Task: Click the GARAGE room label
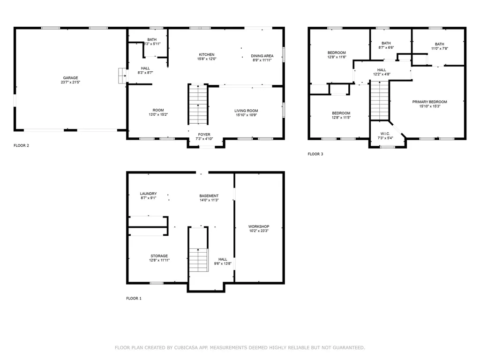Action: [71, 78]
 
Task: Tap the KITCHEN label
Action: [207, 55]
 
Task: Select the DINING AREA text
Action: [262, 56]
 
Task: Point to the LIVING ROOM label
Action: [246, 111]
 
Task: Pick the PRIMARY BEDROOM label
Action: [429, 102]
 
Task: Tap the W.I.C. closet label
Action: [384, 134]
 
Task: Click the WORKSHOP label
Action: [259, 226]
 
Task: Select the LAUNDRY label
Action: [148, 194]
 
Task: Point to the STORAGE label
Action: [159, 256]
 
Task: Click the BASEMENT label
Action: [209, 196]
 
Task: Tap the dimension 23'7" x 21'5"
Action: [71, 83]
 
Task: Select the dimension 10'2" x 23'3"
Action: [259, 231]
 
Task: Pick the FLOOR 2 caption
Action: [22, 145]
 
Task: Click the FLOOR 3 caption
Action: [315, 154]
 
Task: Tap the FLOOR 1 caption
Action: [134, 298]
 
